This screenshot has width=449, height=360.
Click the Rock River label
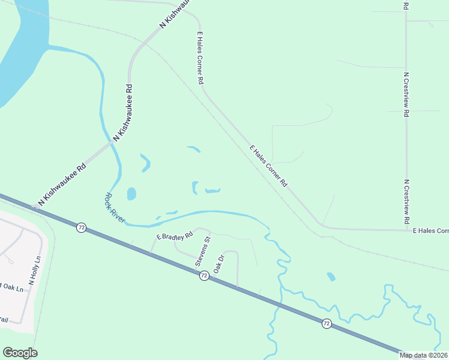tap(115, 208)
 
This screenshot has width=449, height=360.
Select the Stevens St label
tap(203, 252)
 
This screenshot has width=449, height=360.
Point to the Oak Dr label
tap(218, 263)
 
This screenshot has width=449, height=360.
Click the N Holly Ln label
tap(34, 271)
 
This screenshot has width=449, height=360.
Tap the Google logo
tap(20, 353)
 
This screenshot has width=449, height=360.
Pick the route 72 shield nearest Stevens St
tap(204, 275)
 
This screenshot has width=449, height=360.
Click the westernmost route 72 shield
tap(81, 227)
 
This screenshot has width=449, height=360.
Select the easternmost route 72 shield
tap(326, 323)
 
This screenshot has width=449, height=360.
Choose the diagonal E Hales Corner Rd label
tap(268, 166)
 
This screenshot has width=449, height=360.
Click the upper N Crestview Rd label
tap(406, 94)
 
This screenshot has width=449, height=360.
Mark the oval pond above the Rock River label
tap(131, 194)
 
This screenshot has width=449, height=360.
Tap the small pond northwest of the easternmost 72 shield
tap(331, 277)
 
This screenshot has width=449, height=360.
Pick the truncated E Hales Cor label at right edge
tap(430, 230)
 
